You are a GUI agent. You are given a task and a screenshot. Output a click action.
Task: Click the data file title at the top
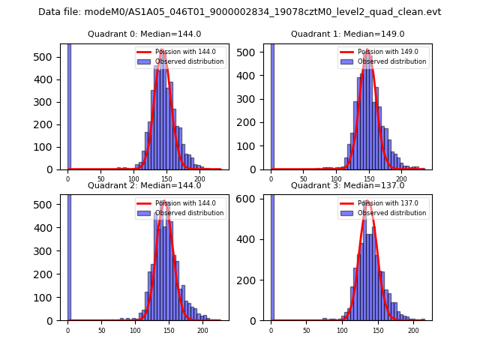pyautogui.click(x=239, y=12)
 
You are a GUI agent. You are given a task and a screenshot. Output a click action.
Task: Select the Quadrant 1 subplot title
pyautogui.click(x=347, y=34)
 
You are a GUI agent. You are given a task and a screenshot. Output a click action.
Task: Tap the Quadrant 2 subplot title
pyautogui.click(x=144, y=185)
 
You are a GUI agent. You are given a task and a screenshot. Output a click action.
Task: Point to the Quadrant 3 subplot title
pyautogui.click(x=347, y=185)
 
